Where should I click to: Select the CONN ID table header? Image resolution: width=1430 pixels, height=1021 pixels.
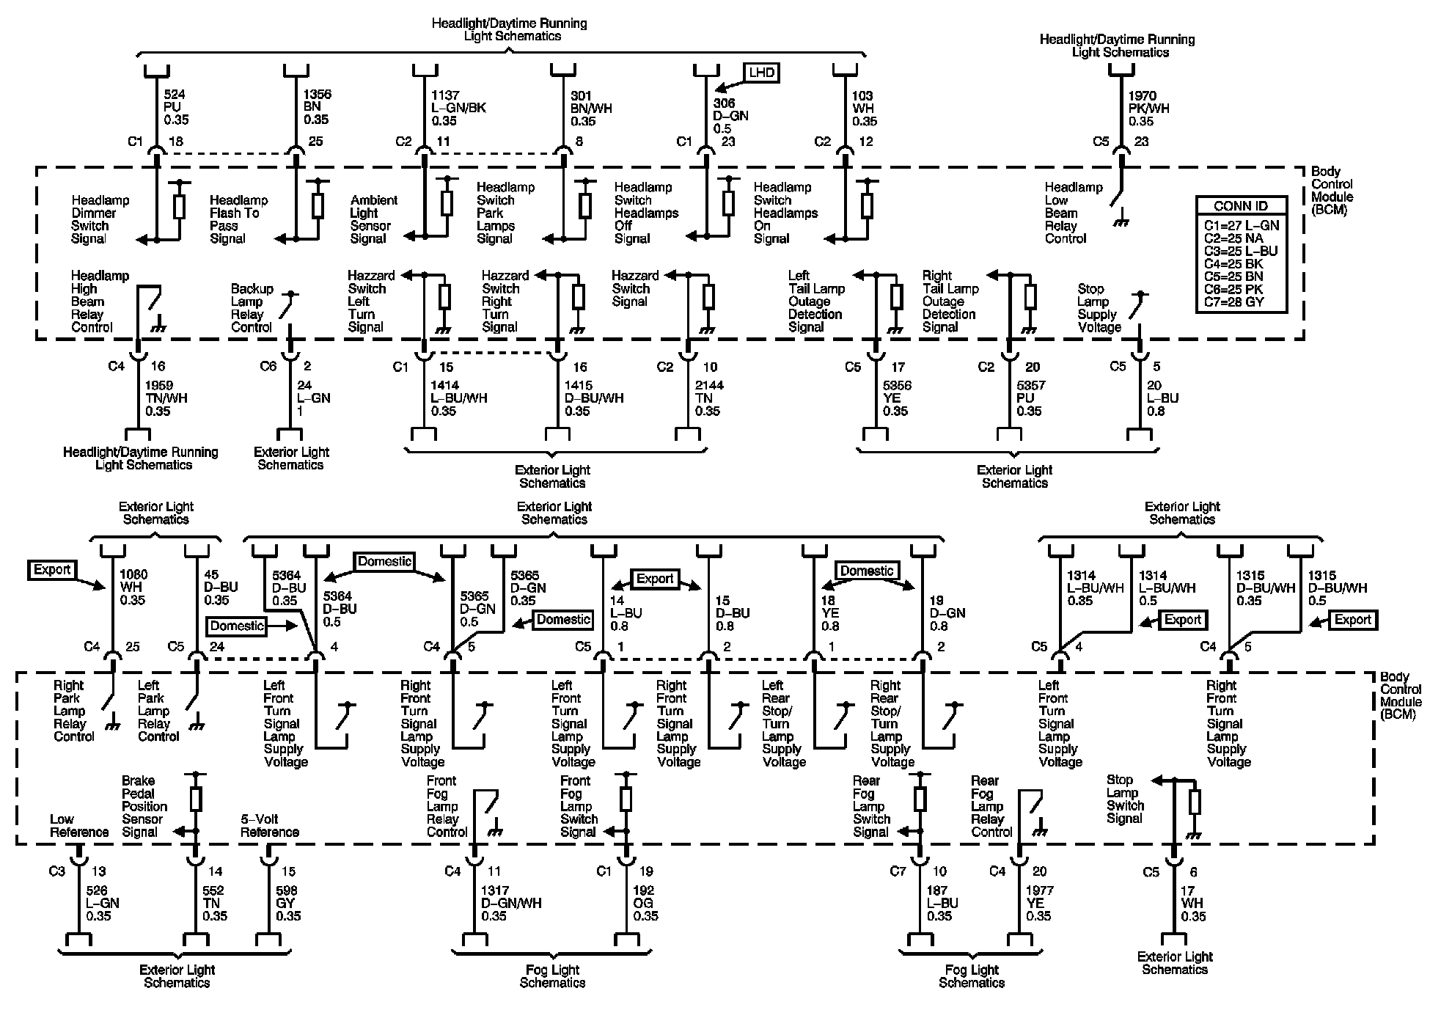1241,206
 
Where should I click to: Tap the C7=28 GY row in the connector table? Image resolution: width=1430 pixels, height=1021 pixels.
1234,302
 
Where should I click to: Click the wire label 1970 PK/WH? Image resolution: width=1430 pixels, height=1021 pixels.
1148,109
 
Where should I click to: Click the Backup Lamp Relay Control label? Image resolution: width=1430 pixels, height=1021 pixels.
252,308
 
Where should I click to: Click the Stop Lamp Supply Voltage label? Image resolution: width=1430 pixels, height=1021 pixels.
1099,308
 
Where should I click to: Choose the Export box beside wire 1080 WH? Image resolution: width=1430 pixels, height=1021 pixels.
51,570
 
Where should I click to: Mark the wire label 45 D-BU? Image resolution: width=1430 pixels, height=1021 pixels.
216,588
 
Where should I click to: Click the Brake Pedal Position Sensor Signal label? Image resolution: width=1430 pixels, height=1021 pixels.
144,806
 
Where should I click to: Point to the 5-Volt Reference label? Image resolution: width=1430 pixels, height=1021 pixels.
270,825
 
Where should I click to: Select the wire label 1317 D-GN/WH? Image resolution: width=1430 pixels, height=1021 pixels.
510,903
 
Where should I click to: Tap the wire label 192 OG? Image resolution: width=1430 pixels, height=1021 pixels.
645,903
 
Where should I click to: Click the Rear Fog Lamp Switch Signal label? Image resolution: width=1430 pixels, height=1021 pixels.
871,806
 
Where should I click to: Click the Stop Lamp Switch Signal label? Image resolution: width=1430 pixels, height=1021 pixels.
1125,799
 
